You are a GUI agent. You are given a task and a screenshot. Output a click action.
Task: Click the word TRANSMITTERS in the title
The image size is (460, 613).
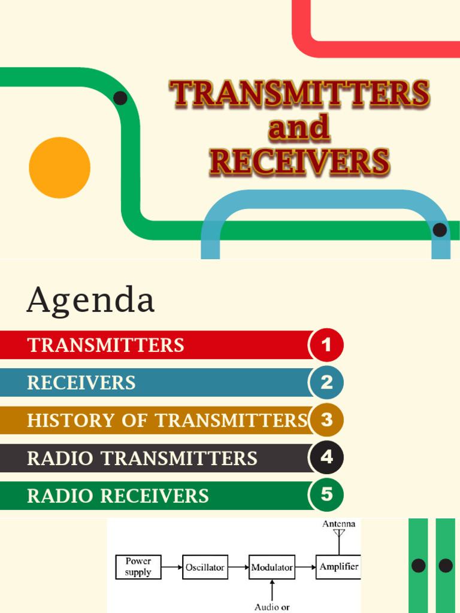[299, 95]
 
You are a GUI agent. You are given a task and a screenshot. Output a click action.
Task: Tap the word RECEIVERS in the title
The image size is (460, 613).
[299, 162]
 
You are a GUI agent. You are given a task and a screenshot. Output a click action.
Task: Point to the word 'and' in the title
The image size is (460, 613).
[299, 128]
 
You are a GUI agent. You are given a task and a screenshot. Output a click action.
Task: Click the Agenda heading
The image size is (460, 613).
[90, 300]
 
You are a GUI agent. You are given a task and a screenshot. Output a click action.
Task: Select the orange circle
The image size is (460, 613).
[59, 168]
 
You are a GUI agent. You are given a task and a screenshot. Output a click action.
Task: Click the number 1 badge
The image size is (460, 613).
[326, 345]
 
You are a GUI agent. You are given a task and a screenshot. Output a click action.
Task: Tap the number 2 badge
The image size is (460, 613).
[326, 383]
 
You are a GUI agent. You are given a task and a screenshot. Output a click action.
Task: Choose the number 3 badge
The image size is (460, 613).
[326, 420]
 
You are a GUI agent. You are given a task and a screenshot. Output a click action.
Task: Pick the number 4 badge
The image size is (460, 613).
[326, 458]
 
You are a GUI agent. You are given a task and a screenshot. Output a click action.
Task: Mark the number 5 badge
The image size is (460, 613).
[326, 495]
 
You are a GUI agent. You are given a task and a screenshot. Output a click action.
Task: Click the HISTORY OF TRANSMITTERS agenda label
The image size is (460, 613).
[167, 421]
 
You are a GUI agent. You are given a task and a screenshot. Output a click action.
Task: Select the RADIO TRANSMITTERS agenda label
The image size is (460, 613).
[142, 459]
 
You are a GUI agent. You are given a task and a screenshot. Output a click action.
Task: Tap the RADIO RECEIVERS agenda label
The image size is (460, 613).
[118, 496]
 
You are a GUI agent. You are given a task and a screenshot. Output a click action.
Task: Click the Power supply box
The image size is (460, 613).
[138, 567]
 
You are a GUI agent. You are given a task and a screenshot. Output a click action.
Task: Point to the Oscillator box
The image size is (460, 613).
[205, 567]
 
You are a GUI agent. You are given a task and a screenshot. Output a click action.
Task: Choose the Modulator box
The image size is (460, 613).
[272, 567]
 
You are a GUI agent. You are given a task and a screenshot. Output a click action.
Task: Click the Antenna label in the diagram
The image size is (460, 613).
[339, 524]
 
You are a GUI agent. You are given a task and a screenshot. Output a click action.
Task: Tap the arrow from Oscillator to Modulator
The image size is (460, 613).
[238, 566]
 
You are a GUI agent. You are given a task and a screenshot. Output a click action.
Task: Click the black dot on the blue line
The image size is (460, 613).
[440, 230]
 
